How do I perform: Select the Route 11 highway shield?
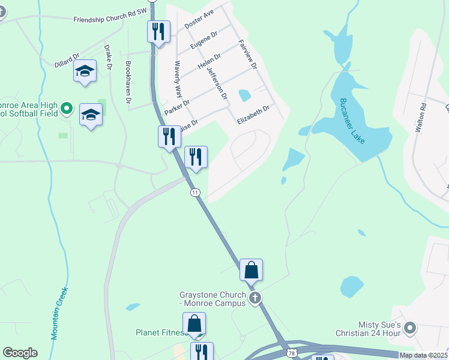pyautogui.click(x=195, y=193)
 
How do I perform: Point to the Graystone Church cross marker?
pyautogui.click(x=255, y=298)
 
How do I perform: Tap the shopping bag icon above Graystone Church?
pyautogui.click(x=251, y=270)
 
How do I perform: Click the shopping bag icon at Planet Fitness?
pyautogui.click(x=194, y=323)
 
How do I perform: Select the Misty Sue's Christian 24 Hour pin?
pyautogui.click(x=410, y=328)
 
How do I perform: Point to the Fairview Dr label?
pyautogui.click(x=248, y=54)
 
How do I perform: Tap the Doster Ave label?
pyautogui.click(x=199, y=22)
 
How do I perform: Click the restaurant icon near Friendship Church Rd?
pyautogui.click(x=158, y=31)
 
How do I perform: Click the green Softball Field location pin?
pyautogui.click(x=67, y=109)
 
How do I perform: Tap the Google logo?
pyautogui.click(x=20, y=353)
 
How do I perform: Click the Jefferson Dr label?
pyautogui.click(x=217, y=83)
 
